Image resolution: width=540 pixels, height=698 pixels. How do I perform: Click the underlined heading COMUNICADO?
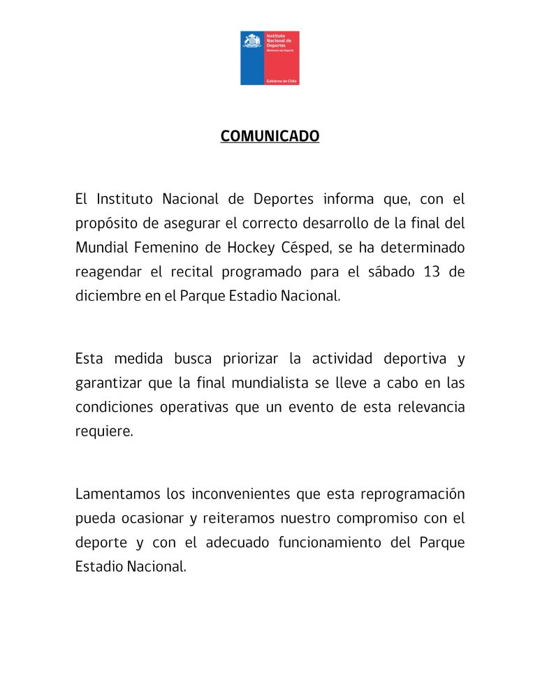pos(270,136)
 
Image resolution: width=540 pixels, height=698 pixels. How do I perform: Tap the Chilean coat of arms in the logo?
pos(251,41)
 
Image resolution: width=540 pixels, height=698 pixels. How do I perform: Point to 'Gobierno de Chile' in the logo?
pos(282,81)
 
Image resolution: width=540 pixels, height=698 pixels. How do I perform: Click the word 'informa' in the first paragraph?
pos(349,200)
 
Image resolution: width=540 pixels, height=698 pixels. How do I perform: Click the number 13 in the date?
pos(432,272)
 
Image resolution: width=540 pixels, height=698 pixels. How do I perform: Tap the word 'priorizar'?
pos(252,359)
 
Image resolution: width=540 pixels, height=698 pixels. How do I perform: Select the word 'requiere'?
pos(103,431)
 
